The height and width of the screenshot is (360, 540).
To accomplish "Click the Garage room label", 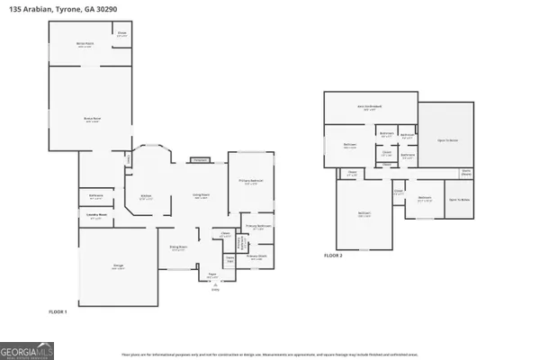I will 118,266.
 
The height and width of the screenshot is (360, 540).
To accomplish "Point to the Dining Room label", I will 178,247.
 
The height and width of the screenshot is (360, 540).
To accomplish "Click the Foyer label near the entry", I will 214,276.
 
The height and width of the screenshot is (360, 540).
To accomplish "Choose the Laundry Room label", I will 96,215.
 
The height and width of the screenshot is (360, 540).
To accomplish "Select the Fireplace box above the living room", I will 200,161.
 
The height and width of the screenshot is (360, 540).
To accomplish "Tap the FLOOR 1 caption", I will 59,310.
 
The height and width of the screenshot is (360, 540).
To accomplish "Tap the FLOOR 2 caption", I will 334,256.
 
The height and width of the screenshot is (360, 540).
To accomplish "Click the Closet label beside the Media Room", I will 121,35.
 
